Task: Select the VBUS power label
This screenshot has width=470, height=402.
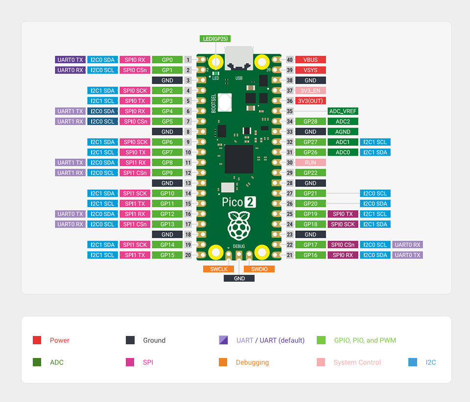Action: [x=310, y=60]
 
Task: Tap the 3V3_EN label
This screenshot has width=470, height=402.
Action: [x=310, y=90]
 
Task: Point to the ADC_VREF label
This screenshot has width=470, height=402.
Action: [x=343, y=111]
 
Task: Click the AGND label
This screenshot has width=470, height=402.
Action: [x=343, y=132]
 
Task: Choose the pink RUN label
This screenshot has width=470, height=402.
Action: [x=310, y=162]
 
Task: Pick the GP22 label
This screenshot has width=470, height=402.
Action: [x=310, y=173]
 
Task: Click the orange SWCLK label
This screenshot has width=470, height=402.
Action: [x=219, y=269]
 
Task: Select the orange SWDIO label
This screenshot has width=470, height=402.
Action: [x=259, y=269]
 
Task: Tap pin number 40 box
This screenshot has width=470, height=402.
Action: [x=290, y=60]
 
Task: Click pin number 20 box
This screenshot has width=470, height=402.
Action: [x=188, y=255]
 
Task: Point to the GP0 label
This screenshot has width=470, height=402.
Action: [x=167, y=60]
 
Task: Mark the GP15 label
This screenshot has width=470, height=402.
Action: [x=167, y=255]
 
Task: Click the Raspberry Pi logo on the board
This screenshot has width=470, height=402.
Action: [x=239, y=225]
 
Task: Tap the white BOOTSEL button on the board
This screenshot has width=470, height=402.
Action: [x=225, y=102]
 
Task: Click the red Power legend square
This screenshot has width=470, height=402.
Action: [x=37, y=340]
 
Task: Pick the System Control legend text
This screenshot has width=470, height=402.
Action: [x=357, y=362]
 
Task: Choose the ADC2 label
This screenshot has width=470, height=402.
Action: [x=343, y=121]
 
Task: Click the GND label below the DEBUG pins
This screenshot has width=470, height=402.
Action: [x=239, y=278]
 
